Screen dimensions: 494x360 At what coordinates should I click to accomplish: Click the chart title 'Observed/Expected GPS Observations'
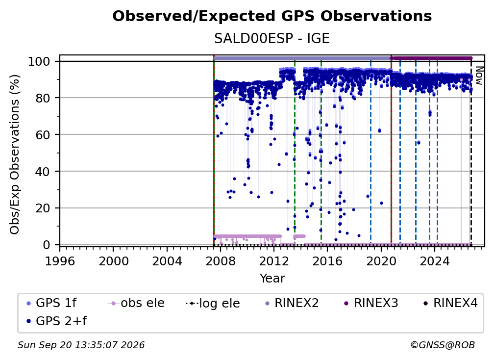coord(272,16)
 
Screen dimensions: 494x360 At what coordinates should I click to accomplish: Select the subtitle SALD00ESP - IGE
coord(272,39)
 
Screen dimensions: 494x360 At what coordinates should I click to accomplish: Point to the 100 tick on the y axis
coord(44,61)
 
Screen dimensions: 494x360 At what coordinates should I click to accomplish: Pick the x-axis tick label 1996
coord(60,261)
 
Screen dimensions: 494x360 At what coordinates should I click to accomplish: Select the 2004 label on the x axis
coord(167,261)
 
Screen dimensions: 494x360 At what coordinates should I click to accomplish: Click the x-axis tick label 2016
coord(327,261)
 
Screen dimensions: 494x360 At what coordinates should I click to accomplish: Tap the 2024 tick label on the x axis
coord(434,261)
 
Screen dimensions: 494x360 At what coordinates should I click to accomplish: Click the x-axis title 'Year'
coord(272,279)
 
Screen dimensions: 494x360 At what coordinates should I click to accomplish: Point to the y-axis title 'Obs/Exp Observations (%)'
coord(14,154)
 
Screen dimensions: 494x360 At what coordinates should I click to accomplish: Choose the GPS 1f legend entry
coord(51,303)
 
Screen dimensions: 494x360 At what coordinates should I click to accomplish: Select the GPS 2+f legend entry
coord(57,321)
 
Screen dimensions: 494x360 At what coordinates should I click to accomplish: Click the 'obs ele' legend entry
coord(136,303)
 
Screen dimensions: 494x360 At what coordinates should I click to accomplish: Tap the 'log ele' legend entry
coord(213,303)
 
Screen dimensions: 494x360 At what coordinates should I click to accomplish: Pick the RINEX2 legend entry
coord(292,303)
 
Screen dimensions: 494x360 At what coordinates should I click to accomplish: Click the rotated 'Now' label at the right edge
coord(479,76)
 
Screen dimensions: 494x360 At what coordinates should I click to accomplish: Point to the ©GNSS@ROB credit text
coord(443,345)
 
